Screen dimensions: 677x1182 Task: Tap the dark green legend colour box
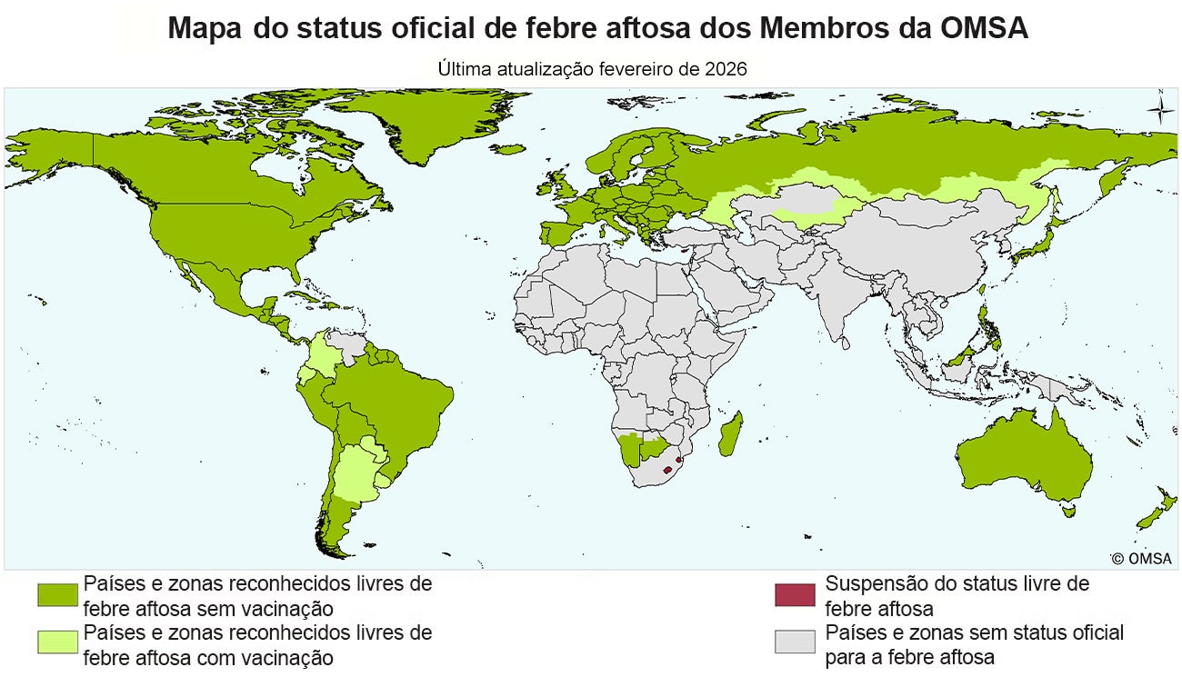pyautogui.click(x=57, y=594)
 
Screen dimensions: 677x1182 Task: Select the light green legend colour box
pyautogui.click(x=57, y=642)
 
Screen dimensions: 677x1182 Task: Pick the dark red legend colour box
pyautogui.click(x=795, y=594)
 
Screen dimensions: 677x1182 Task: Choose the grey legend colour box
pyautogui.click(x=795, y=642)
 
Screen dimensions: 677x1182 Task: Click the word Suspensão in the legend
pyautogui.click(x=872, y=583)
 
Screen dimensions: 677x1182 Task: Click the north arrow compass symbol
pyautogui.click(x=1159, y=109)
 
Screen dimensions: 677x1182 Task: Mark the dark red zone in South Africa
pyautogui.click(x=669, y=470)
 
